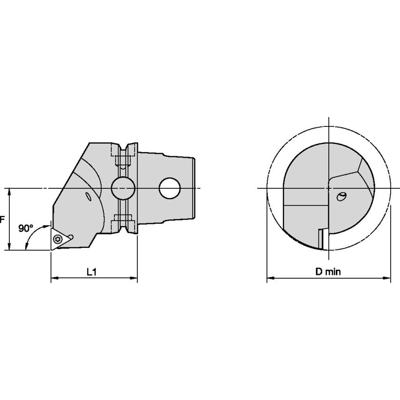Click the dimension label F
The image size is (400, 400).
click(2, 219)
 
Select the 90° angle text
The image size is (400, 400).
click(26, 229)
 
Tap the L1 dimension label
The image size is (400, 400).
click(92, 271)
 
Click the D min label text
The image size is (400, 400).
click(328, 271)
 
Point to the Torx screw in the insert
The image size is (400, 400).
click(58, 239)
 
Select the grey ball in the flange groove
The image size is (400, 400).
click(123, 188)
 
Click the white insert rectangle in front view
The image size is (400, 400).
click(322, 239)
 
